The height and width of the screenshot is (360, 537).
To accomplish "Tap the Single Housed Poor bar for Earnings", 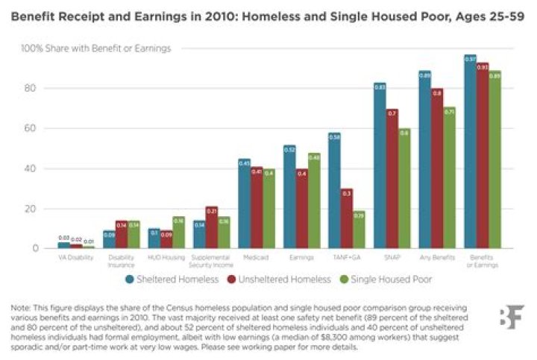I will [314, 200].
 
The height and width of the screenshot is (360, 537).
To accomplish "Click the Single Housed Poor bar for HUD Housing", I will [178, 232].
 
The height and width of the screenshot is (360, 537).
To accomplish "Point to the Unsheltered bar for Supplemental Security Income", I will [211, 227].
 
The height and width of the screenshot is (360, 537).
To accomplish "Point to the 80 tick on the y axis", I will [31, 88].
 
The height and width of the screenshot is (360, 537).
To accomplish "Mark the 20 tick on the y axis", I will [31, 208].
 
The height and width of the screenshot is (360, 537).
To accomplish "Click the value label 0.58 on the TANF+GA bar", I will [334, 137].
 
